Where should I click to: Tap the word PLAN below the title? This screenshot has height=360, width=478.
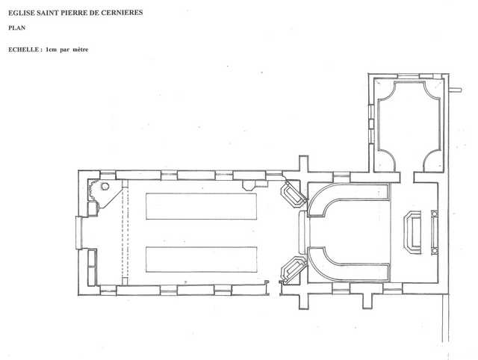click(16, 28)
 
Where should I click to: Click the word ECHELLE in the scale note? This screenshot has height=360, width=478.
click(23, 49)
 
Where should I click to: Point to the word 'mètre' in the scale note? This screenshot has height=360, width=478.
click(81, 49)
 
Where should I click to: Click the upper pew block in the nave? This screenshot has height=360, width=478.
click(201, 206)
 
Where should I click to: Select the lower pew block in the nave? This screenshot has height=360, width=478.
click(201, 259)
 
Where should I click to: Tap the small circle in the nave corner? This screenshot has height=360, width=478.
click(105, 186)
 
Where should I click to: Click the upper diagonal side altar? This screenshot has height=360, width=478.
click(293, 194)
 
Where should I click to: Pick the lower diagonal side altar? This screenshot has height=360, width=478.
click(293, 270)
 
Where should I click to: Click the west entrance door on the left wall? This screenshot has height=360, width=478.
click(79, 232)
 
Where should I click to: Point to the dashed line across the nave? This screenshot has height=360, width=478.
click(125, 232)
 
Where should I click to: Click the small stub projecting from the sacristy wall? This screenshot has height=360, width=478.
click(456, 90)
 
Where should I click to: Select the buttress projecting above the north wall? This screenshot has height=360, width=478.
click(304, 164)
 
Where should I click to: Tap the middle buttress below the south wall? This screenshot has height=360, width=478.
click(367, 301)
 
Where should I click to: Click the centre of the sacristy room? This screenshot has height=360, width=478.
click(409, 125)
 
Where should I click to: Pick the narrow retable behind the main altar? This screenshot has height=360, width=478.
click(435, 232)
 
